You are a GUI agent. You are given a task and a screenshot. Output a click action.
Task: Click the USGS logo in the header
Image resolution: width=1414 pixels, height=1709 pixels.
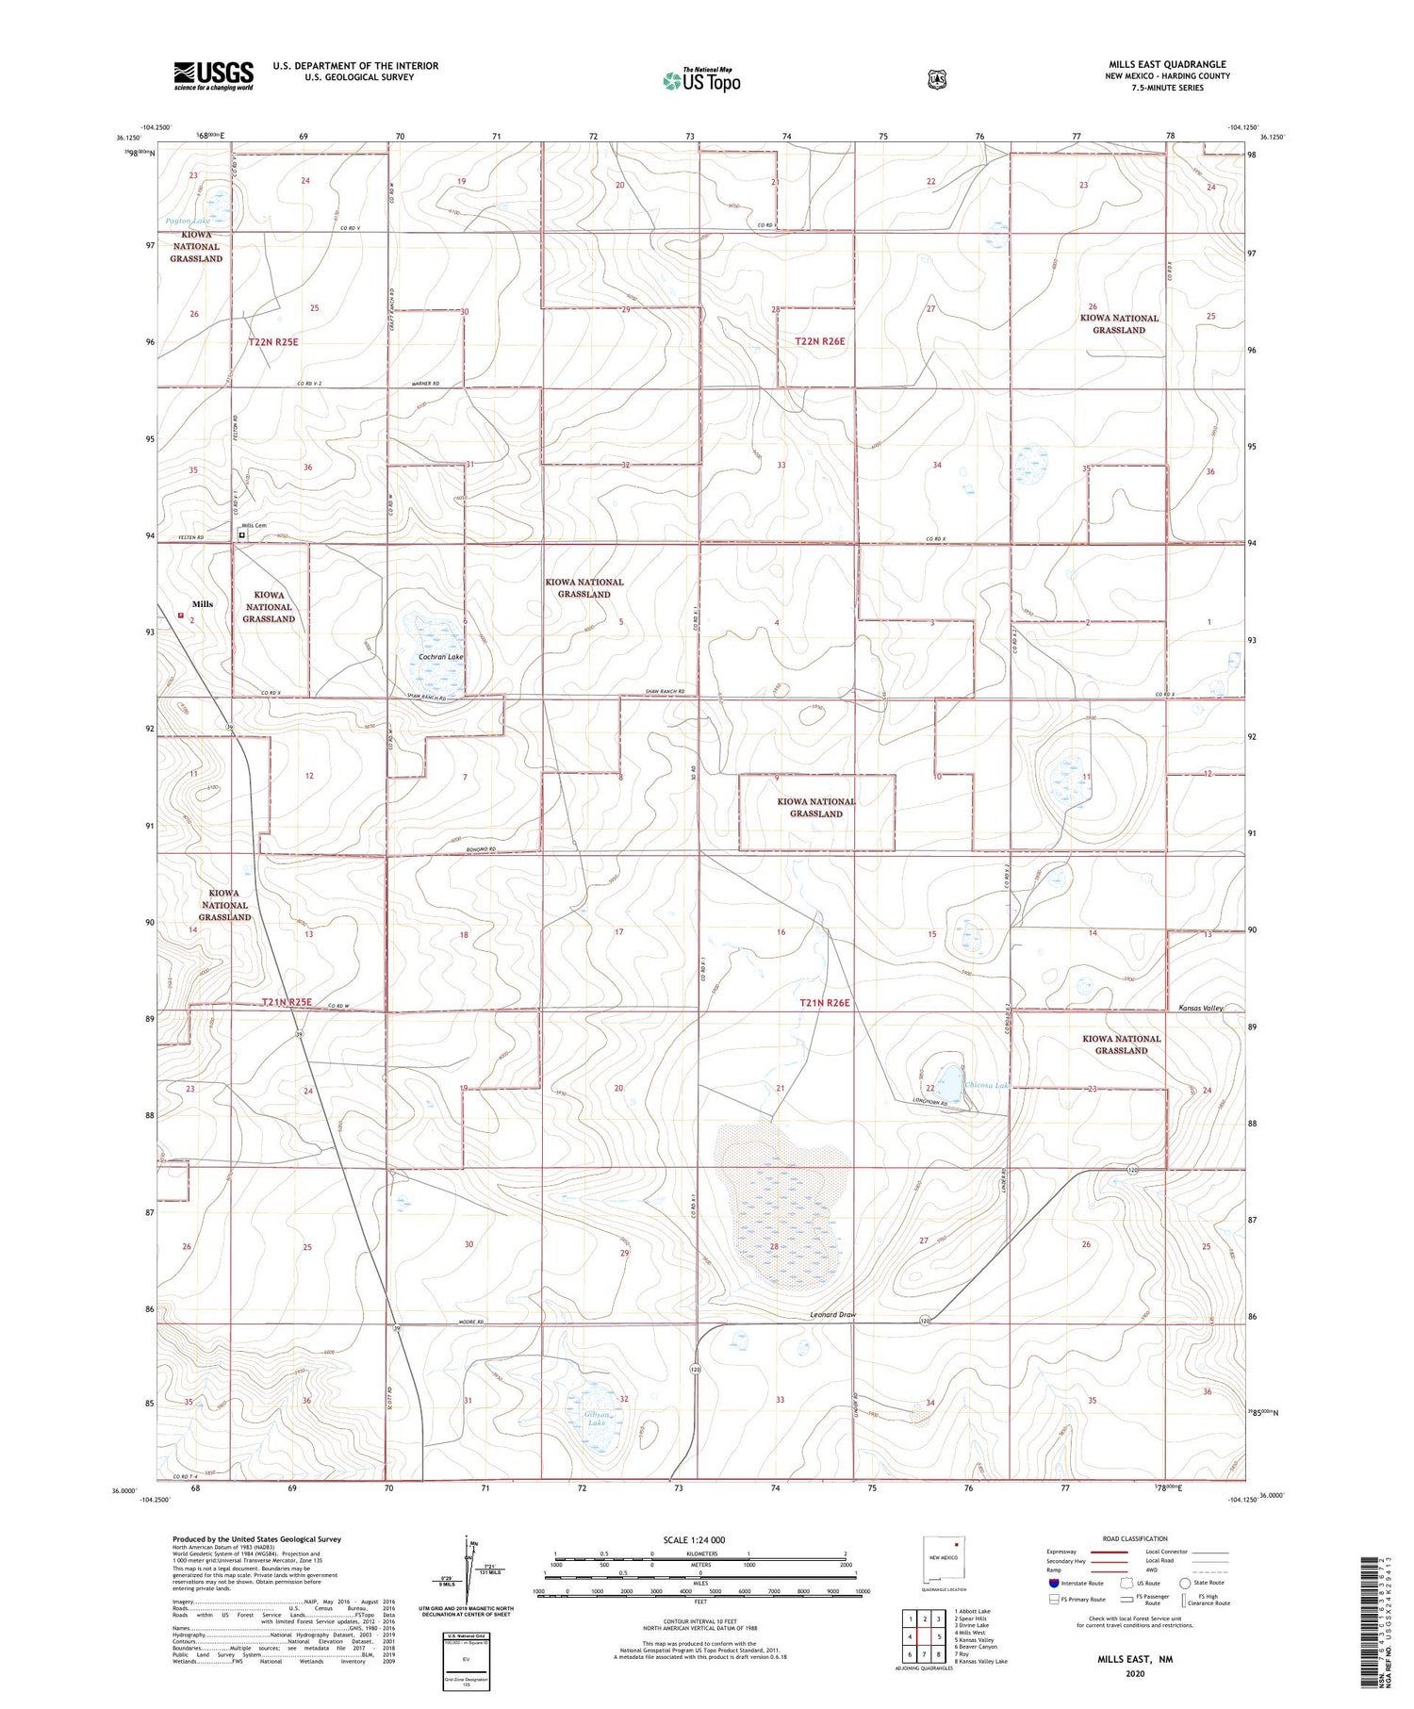[x=213, y=75]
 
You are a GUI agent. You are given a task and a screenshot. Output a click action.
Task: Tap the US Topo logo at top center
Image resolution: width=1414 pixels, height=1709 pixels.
[x=702, y=80]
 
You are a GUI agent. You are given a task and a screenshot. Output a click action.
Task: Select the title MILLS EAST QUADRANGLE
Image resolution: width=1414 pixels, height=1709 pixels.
[x=1167, y=65]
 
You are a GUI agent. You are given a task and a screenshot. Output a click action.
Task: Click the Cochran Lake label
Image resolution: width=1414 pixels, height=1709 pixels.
[x=441, y=656]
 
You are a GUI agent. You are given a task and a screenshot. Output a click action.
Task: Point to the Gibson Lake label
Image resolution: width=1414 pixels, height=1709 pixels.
[x=597, y=1419]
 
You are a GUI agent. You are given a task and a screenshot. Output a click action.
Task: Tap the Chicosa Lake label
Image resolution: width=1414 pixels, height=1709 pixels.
[x=987, y=1086]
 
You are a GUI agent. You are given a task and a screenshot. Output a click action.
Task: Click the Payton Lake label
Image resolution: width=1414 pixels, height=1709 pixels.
[x=189, y=221]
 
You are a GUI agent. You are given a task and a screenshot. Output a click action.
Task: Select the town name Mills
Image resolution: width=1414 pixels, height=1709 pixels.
[x=202, y=604]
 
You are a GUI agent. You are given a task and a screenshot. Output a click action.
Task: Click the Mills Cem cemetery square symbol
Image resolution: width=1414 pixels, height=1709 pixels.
[x=242, y=534]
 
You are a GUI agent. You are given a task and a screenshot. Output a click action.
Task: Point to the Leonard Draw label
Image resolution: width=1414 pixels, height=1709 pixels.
[x=832, y=1314]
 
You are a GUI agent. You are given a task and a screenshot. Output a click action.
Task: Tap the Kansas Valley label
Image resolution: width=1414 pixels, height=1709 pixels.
[x=1201, y=1008]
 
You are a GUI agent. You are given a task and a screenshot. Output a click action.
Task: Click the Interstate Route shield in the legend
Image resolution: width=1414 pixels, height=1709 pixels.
[x=1053, y=1583]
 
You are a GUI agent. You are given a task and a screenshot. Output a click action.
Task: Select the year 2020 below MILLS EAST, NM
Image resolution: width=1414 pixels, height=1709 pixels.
[x=1134, y=1674]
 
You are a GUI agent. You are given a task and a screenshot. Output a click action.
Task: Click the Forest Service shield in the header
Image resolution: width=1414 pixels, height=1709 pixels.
[x=936, y=80]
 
